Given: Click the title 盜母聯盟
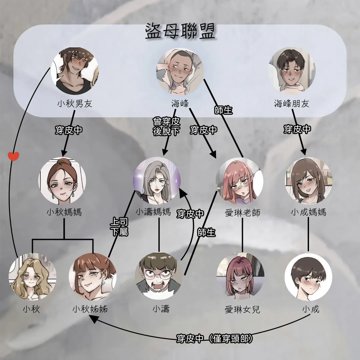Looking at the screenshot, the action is tap(180, 31).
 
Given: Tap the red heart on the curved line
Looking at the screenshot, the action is tap(13, 156).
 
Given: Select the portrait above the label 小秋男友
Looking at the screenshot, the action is tap(75, 71).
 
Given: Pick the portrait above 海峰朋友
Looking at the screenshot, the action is tap(292, 70).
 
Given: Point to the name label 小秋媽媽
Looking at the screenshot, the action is tap(64, 212).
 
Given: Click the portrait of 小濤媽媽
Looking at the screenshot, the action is tap(157, 181).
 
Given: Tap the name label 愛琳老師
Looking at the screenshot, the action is tap(242, 213).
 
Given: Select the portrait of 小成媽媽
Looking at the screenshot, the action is tap(309, 181).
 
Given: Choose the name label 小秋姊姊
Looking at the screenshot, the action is tap(90, 309).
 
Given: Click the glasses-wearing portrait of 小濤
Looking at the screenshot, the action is tap(159, 276).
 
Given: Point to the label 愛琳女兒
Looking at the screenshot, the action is tap(242, 310).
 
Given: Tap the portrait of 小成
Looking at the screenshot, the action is tap(308, 277).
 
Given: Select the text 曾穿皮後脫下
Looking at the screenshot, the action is tap(166, 127).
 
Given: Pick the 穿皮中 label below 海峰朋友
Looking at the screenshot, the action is tap(297, 129).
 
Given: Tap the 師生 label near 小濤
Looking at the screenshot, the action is tap(206, 232).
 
